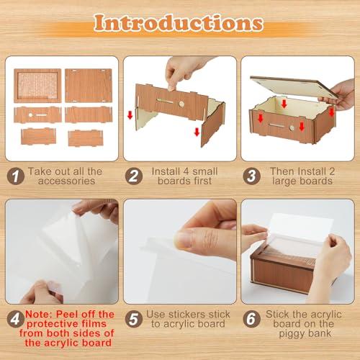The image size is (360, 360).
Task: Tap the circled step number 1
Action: (14, 174)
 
